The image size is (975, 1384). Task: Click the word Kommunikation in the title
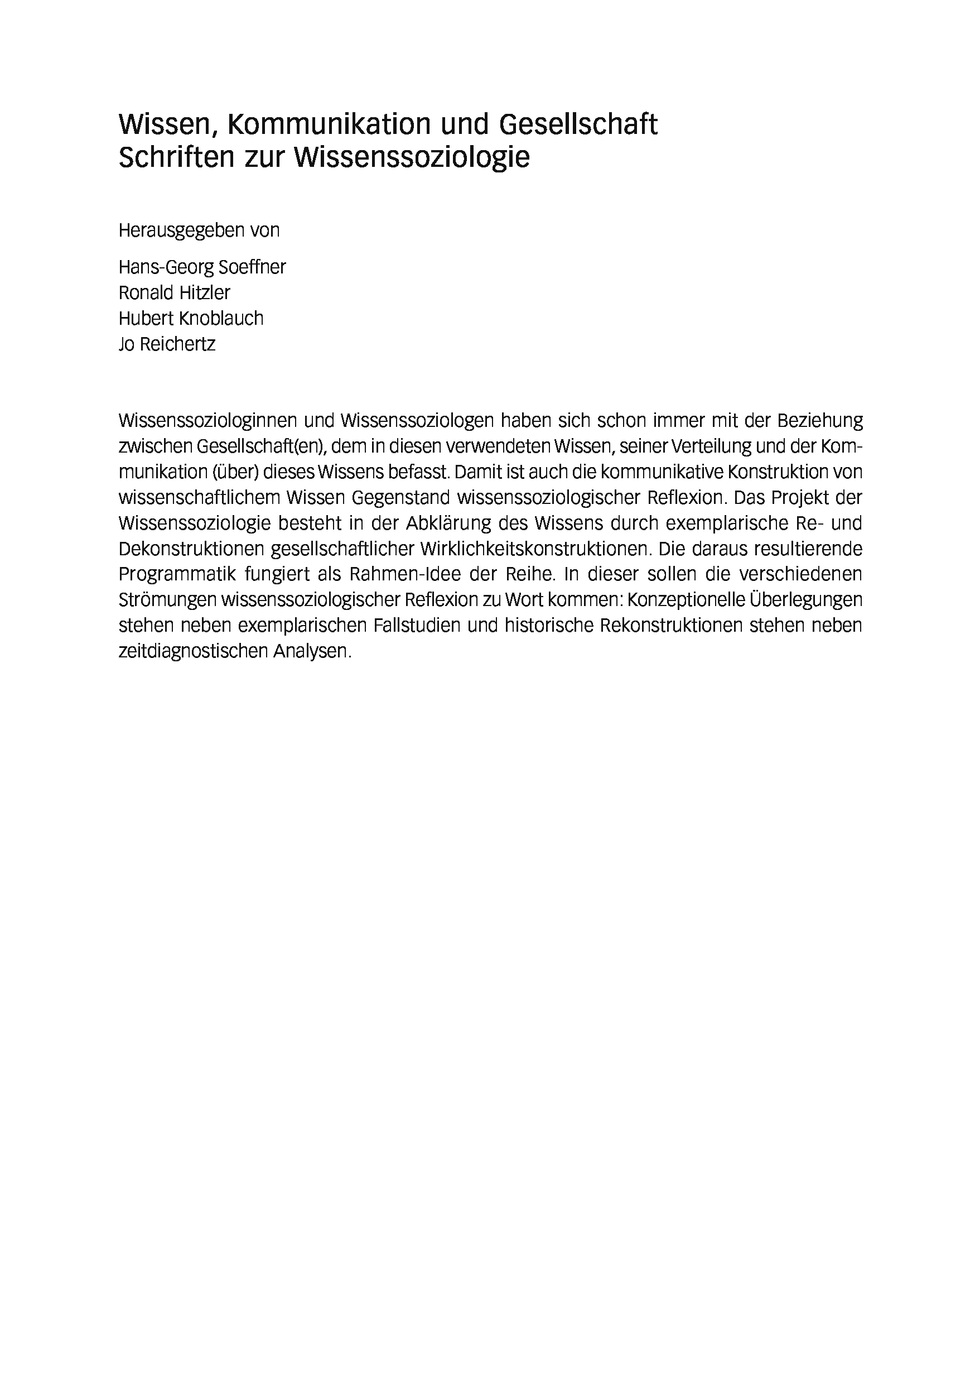coord(329,125)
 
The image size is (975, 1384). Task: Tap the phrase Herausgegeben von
coord(199,231)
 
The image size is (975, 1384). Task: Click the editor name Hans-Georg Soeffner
coord(202,267)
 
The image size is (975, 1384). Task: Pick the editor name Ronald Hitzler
coord(174,293)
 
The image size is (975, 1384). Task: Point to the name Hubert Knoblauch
coord(191,318)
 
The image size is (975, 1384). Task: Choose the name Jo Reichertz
coord(167,344)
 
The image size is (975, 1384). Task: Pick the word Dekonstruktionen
coord(191,549)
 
